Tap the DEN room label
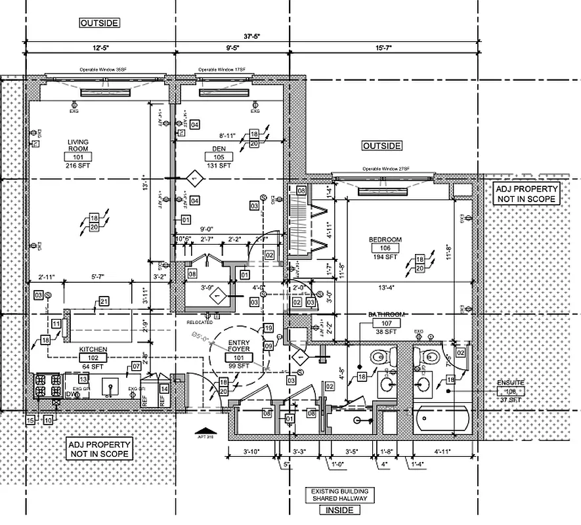click(219, 149)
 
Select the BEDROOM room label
click(385, 240)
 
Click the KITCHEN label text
click(93, 349)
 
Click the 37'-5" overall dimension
click(253, 37)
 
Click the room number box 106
click(385, 249)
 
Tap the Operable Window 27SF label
click(385, 169)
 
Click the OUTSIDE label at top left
click(99, 23)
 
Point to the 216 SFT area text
click(78, 166)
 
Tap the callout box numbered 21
click(103, 301)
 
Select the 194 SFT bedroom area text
click(385, 257)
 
